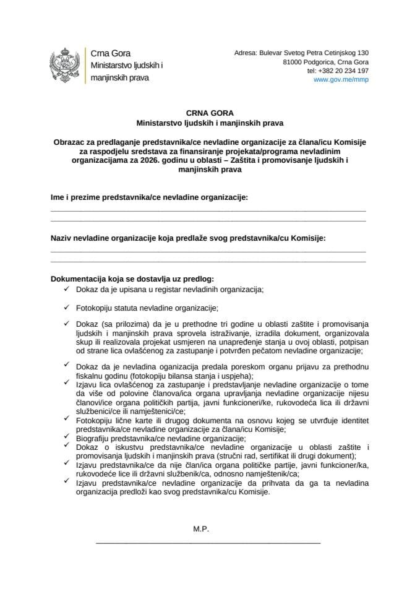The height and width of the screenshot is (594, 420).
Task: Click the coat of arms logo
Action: coord(64,66)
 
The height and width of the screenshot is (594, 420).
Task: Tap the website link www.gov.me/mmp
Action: coord(341,80)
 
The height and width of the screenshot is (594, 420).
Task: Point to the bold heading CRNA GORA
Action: coord(210,113)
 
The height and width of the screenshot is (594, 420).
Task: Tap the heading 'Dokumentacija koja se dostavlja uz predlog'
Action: coord(132,279)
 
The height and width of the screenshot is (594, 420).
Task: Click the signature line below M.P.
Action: coord(208,543)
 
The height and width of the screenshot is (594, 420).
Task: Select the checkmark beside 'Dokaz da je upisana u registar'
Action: coord(66,288)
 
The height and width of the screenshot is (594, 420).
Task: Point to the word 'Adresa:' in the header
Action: coord(247,53)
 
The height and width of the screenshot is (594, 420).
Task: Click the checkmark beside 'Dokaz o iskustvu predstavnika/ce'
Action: coord(66,447)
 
